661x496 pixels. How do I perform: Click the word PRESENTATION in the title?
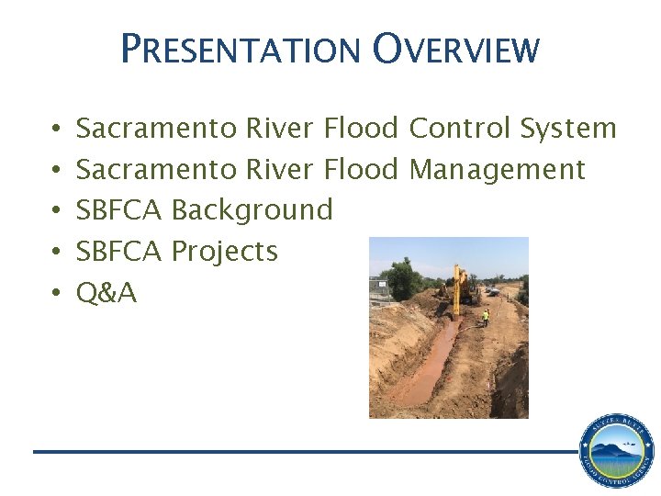[x=241, y=49]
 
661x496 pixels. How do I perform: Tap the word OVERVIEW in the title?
[x=456, y=49]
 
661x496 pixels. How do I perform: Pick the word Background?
[x=252, y=210]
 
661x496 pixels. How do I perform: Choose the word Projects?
[x=224, y=251]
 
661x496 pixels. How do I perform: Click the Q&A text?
[x=106, y=292]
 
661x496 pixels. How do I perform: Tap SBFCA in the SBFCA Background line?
[x=118, y=210]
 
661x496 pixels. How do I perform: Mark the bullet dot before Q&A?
[x=56, y=293]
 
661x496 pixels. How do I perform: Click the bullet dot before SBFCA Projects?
[x=56, y=252]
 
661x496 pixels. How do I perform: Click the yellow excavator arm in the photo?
[x=457, y=279]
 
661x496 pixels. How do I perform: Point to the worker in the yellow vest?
[x=486, y=318]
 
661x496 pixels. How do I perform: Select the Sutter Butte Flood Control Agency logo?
[x=616, y=451]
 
